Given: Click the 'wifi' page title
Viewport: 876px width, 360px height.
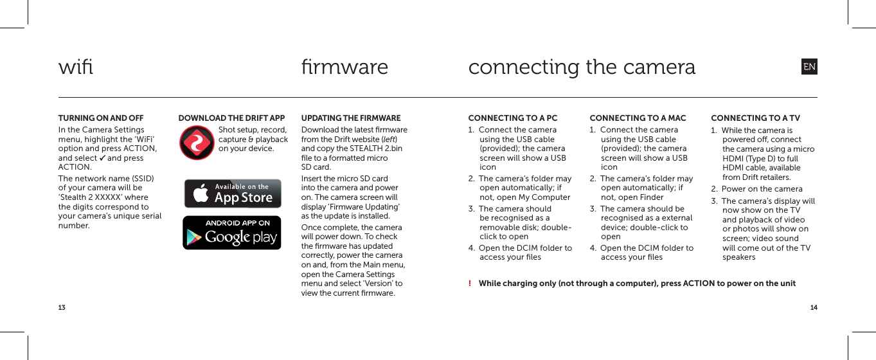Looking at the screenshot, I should coord(76,67).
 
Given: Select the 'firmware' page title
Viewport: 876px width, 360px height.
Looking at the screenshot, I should coord(344,67).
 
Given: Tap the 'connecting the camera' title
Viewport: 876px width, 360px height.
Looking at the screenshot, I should coord(582,67).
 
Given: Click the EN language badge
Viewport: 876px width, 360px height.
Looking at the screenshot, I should coord(809,67).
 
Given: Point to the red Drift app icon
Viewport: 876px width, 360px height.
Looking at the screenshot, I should coord(197,143).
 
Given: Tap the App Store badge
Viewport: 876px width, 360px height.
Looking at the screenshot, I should coord(232,194).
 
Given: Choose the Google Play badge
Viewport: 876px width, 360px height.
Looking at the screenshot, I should coord(232,233).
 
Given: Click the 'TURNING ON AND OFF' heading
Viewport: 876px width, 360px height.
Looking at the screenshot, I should coord(101,118).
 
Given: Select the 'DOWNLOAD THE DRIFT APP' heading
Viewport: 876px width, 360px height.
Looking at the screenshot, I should coord(231,118).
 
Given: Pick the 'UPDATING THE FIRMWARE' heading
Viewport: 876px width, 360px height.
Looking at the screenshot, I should coord(351,118).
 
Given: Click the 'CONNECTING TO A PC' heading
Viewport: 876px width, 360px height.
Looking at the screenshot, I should coord(513,118).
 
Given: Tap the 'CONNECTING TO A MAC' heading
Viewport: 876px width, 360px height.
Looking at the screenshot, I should coord(638,118).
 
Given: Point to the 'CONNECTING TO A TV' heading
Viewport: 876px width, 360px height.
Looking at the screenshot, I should coord(755,118).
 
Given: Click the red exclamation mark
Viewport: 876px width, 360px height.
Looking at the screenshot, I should coord(470,284).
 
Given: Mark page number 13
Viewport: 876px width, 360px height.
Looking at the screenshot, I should coord(62,308).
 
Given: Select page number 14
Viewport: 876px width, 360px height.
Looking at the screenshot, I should coord(814,308).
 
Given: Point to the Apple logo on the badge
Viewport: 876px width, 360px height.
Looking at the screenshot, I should coord(201,194).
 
